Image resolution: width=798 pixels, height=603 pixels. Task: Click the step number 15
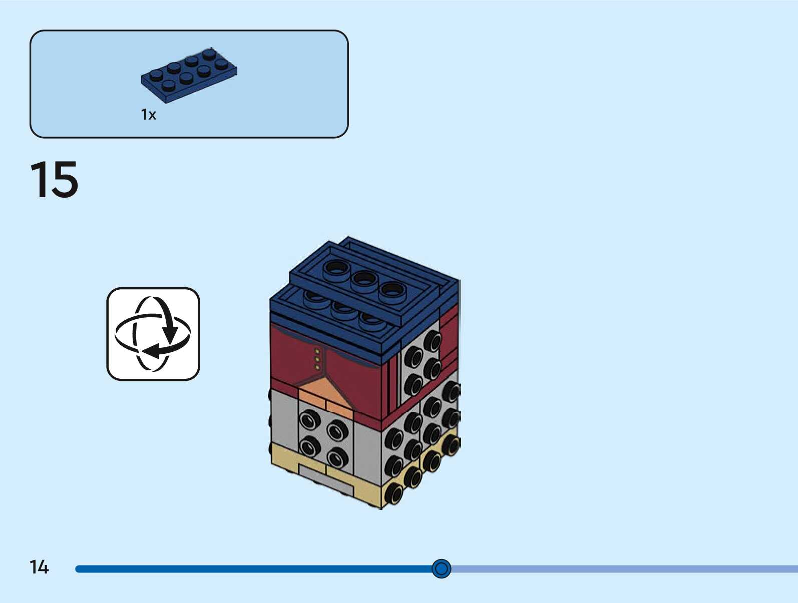pyautogui.click(x=54, y=180)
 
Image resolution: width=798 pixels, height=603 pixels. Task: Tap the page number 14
pyautogui.click(x=39, y=567)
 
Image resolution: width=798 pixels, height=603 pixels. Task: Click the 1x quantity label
pyautogui.click(x=149, y=115)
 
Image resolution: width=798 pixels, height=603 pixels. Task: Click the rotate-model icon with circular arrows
pyautogui.click(x=153, y=334)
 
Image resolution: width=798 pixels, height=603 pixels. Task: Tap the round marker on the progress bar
pyautogui.click(x=441, y=568)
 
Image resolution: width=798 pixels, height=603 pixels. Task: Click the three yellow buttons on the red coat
pyautogui.click(x=317, y=359)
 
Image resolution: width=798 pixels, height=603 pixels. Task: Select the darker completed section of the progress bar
pyautogui.click(x=250, y=569)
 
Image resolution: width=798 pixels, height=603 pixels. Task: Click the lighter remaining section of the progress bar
pyautogui.click(x=621, y=569)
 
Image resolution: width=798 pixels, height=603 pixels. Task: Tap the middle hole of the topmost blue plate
pyautogui.click(x=364, y=278)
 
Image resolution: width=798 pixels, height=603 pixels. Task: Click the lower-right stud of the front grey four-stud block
pyautogui.click(x=337, y=456)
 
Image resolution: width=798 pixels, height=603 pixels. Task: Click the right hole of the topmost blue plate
pyautogui.click(x=392, y=289)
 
